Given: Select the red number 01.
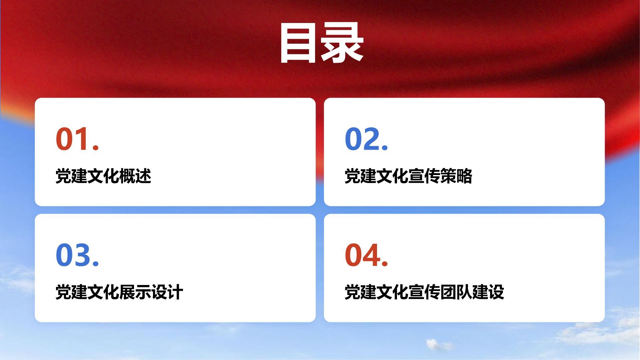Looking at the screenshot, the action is tap(77, 139).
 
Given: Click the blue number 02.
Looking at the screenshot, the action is tap(366, 139).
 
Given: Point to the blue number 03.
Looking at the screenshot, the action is tap(77, 255).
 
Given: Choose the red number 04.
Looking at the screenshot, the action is tap(366, 255).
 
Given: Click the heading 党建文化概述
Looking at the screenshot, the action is tap(103, 176).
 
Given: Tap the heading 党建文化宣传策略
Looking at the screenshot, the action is tap(408, 176).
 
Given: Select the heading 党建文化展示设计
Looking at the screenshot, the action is tap(119, 292).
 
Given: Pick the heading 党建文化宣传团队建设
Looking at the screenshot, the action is tap(424, 292).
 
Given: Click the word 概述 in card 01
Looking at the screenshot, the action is tap(135, 176).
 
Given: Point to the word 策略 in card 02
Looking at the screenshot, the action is tap(456, 176).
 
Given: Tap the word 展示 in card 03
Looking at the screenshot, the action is tap(135, 292).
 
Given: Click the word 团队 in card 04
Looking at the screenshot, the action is tap(456, 292).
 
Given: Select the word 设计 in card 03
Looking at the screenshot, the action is tap(167, 292).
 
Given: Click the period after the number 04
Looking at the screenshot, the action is tap(385, 263).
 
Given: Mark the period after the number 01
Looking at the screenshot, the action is tap(96, 147).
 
